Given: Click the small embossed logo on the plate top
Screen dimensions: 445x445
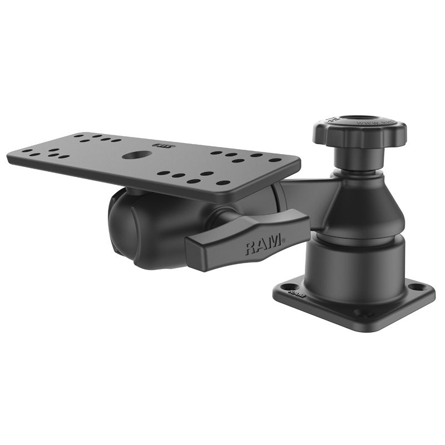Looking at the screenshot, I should point(166,147).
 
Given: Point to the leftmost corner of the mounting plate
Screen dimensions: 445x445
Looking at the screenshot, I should point(9,151).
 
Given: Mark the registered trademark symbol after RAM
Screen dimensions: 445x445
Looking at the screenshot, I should point(284,241).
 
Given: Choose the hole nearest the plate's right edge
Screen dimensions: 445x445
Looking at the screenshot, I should point(275,160).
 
